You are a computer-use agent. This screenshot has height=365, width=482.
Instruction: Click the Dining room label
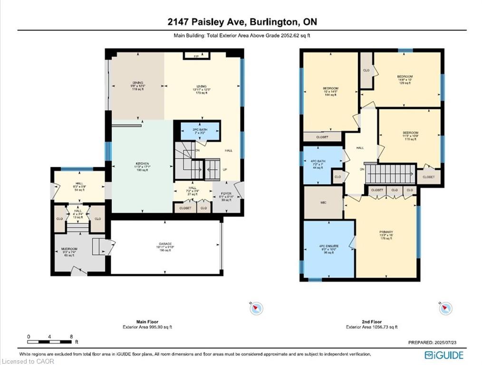pos(138,86)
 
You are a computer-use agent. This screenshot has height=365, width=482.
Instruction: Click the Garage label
pos(165,247)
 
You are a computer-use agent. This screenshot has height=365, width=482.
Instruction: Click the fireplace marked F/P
pos(196,57)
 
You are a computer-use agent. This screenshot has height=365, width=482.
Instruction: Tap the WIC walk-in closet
pos(323,202)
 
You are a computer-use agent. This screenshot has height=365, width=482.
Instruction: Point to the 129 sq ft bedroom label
pos(405,79)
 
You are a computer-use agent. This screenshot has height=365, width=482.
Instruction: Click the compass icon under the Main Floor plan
pos(256,308)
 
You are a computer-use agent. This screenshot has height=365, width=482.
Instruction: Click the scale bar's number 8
pos(71,336)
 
